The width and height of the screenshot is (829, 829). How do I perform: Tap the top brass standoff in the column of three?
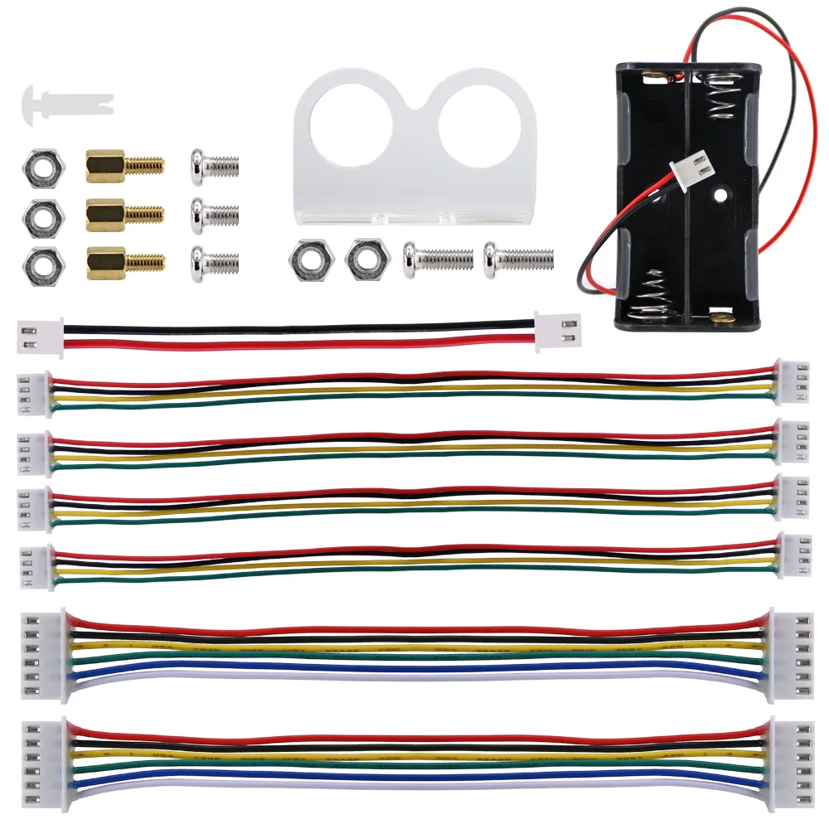click(x=124, y=165)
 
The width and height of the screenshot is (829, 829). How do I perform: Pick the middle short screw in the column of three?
click(x=214, y=216)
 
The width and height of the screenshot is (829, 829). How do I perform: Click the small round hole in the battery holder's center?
click(x=719, y=196)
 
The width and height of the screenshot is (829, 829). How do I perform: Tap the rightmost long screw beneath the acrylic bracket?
click(x=519, y=259)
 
